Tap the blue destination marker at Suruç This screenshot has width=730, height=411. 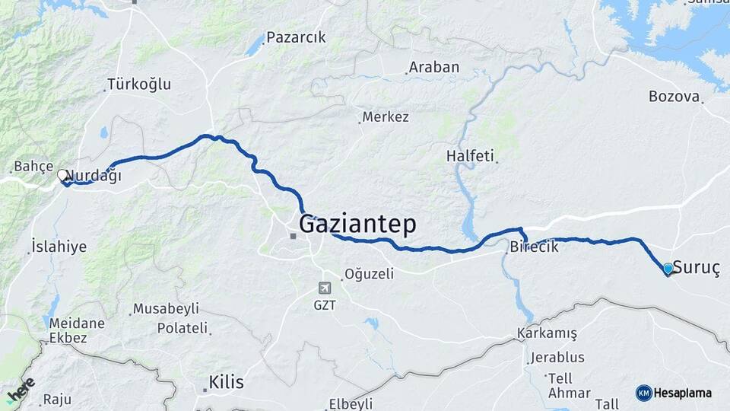[668, 269]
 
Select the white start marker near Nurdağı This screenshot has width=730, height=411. [62, 175]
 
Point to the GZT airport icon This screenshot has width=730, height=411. [325, 288]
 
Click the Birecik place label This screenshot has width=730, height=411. [535, 247]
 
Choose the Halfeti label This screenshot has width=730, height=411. [471, 155]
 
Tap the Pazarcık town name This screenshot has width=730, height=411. [296, 37]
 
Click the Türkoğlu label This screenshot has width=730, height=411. [139, 84]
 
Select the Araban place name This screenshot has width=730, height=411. [434, 67]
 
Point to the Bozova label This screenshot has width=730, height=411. [674, 97]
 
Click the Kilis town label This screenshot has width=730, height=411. [227, 382]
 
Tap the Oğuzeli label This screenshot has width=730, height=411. [369, 274]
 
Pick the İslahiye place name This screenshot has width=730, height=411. [59, 247]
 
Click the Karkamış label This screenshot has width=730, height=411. [547, 333]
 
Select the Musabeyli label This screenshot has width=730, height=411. [166, 309]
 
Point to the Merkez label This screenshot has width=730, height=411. [386, 117]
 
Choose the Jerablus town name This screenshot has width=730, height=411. [557, 357]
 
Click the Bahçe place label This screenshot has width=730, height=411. [33, 167]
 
